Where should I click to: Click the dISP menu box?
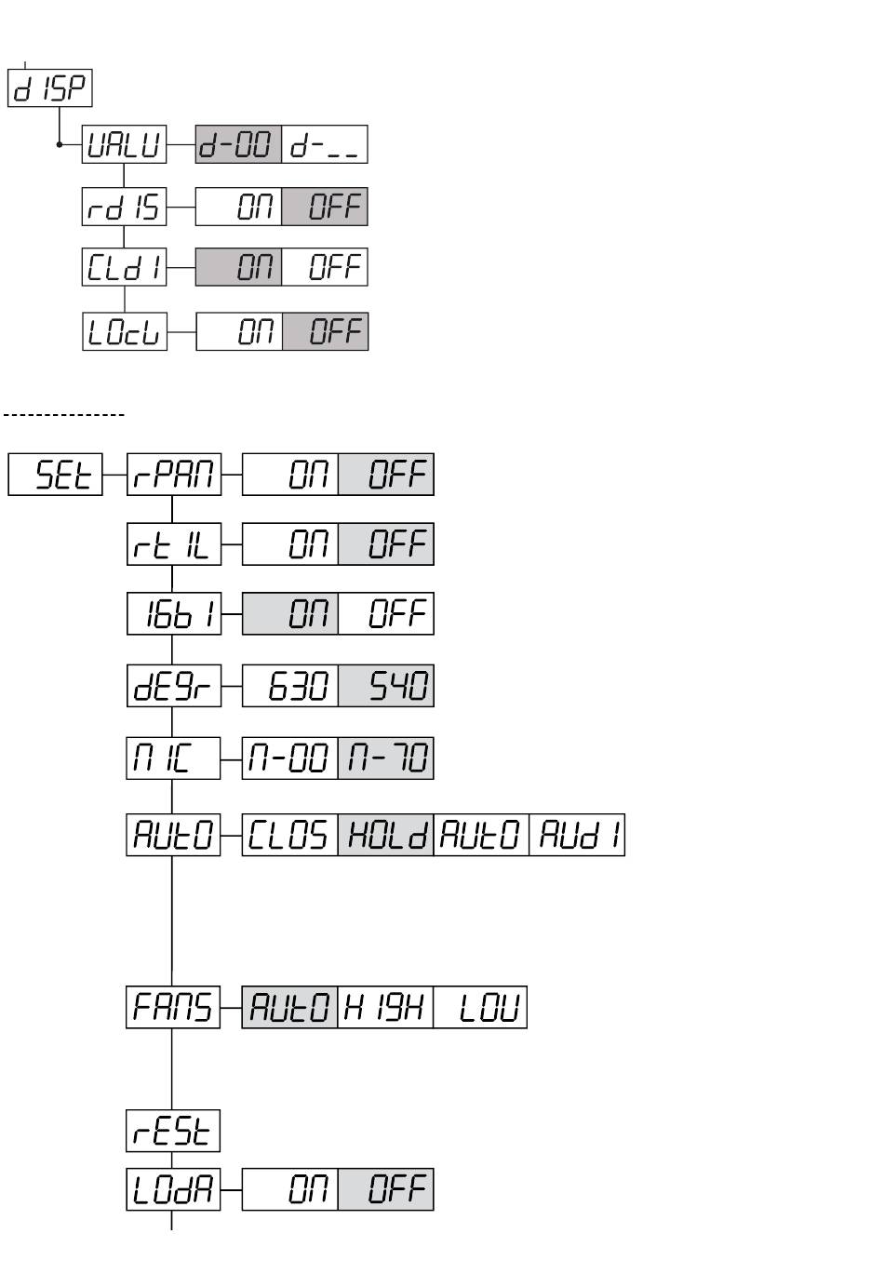tap(50, 88)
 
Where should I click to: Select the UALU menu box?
tap(125, 145)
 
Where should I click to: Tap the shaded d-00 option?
tap(238, 145)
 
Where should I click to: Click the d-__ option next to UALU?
tap(325, 145)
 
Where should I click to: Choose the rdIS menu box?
tap(125, 207)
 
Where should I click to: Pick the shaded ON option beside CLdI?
tap(238, 267)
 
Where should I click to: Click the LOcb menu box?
tap(125, 331)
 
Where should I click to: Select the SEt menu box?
tap(56, 475)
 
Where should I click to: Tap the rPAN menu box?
tap(174, 475)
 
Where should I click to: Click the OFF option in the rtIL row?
tap(386, 544)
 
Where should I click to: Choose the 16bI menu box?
tap(174, 614)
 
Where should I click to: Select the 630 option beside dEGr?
tap(290, 686)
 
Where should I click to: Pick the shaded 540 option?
tap(386, 686)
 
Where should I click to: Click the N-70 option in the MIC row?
tap(386, 758)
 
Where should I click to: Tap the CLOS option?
tap(290, 835)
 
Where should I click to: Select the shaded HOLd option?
tap(386, 835)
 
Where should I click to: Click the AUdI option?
tap(577, 835)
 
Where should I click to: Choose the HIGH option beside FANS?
tap(385, 1007)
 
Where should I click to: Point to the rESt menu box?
tap(174, 1131)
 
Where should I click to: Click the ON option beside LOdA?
tap(290, 1189)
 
